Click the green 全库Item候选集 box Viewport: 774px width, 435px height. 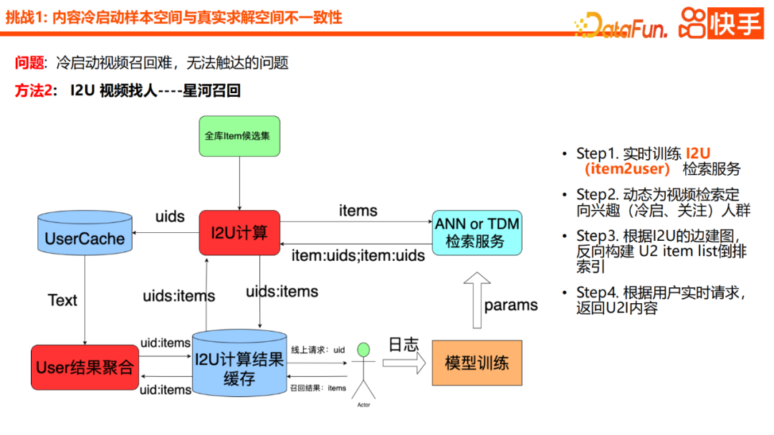coord(239,136)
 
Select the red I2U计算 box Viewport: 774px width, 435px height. coord(239,232)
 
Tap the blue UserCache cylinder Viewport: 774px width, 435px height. coord(85,234)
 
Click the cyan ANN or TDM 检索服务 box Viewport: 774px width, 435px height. coord(477,232)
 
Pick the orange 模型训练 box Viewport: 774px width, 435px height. coord(477,363)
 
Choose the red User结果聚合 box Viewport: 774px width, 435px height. coord(85,368)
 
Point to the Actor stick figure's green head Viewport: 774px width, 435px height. coord(364,350)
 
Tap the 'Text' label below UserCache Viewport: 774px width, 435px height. coord(62,300)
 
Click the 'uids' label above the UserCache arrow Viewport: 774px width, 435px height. coord(170,216)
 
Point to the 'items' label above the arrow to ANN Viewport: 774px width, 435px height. coord(358,210)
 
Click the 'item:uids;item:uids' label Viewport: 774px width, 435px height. coord(358,255)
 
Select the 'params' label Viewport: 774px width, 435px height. coord(511,305)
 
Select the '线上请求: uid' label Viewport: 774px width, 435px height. coord(317,350)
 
